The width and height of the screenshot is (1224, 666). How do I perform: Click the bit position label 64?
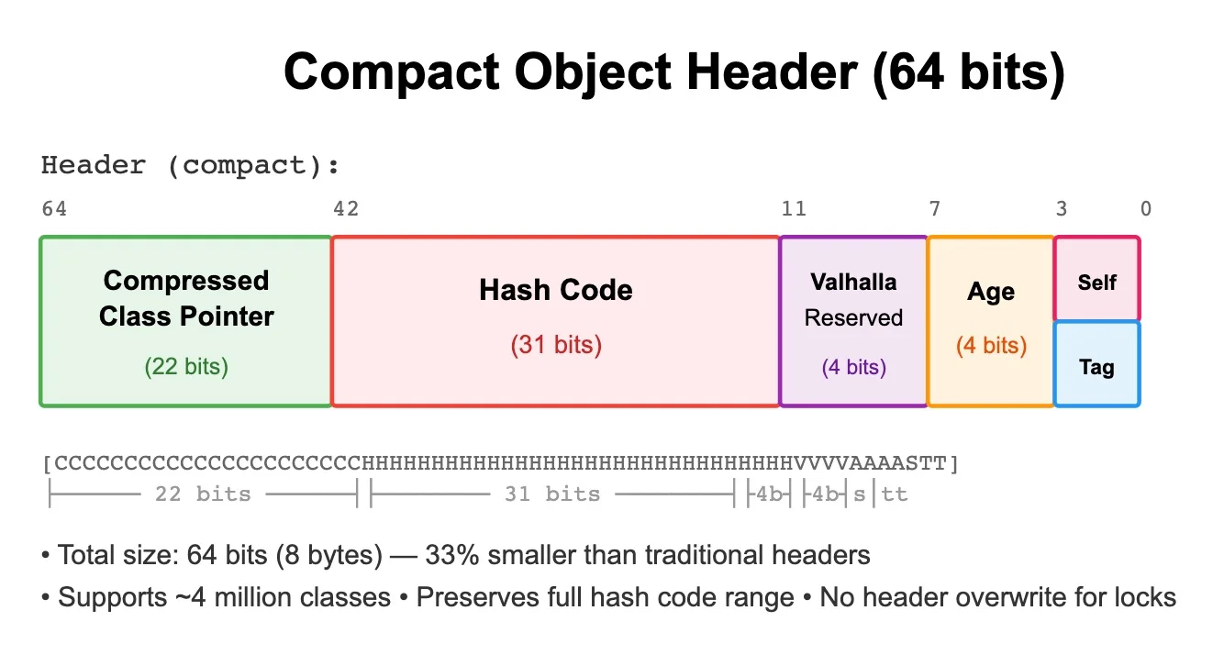54,209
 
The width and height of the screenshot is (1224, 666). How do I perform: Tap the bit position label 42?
346,209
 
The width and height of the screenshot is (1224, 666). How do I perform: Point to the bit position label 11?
794,209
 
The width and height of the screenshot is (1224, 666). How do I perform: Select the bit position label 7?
935,209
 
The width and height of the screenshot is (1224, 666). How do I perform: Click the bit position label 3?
1062,209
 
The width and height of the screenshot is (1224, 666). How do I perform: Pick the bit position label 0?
1146,209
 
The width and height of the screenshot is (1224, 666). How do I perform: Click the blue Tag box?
1096,364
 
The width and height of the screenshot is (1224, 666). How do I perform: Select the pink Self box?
1096,279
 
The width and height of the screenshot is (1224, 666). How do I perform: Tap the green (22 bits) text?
186,367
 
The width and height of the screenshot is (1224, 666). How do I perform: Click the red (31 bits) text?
556,345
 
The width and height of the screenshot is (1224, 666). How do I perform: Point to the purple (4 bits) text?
854,367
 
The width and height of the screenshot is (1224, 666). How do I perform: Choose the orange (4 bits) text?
991,345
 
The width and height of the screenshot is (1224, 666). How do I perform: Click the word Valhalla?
853,283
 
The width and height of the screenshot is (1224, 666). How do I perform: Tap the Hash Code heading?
556,290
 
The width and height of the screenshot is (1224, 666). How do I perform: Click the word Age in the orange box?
991,292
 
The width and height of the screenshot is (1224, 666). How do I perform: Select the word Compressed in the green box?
186,281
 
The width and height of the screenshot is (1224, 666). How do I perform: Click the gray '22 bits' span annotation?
204,494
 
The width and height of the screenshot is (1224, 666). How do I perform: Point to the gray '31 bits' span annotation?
552,494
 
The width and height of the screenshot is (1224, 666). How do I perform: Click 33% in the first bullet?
452,555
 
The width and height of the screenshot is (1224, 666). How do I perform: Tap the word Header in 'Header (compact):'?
94,165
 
